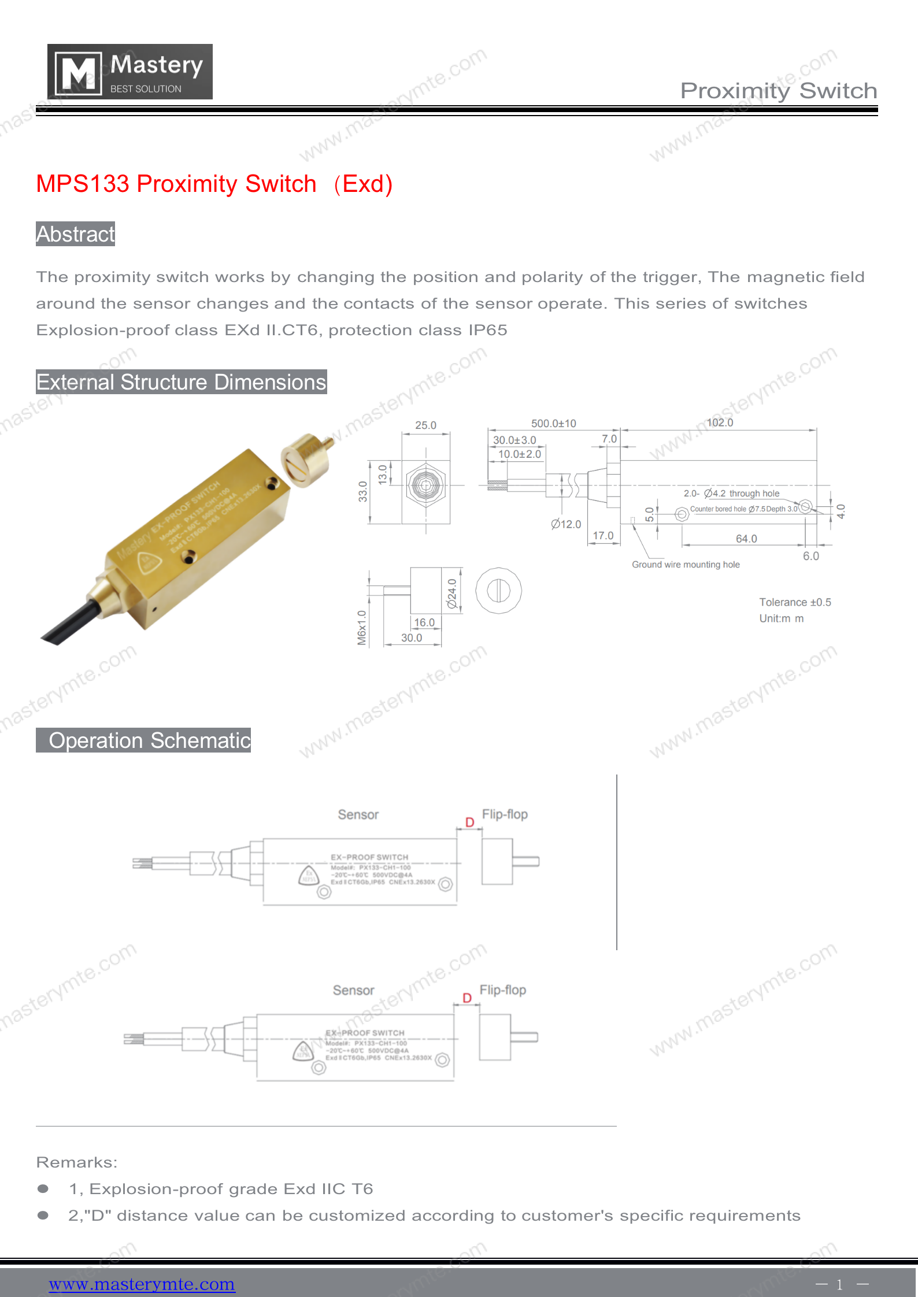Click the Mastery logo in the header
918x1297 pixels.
129,72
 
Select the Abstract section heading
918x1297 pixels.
76,234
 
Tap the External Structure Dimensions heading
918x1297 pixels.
181,382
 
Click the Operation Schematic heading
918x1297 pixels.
144,740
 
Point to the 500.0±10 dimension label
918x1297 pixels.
553,424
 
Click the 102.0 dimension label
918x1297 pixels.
720,423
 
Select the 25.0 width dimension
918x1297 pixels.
425,425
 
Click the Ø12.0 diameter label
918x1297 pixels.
566,524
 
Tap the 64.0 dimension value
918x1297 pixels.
746,539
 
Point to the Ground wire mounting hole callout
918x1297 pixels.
686,565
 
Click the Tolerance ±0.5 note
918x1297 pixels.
795,602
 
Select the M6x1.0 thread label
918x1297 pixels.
362,628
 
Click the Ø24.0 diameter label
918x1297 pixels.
452,594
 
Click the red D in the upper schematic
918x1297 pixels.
469,822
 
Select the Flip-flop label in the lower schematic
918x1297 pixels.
502,990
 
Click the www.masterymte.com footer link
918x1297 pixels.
142,1284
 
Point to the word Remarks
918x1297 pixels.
76,1162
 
